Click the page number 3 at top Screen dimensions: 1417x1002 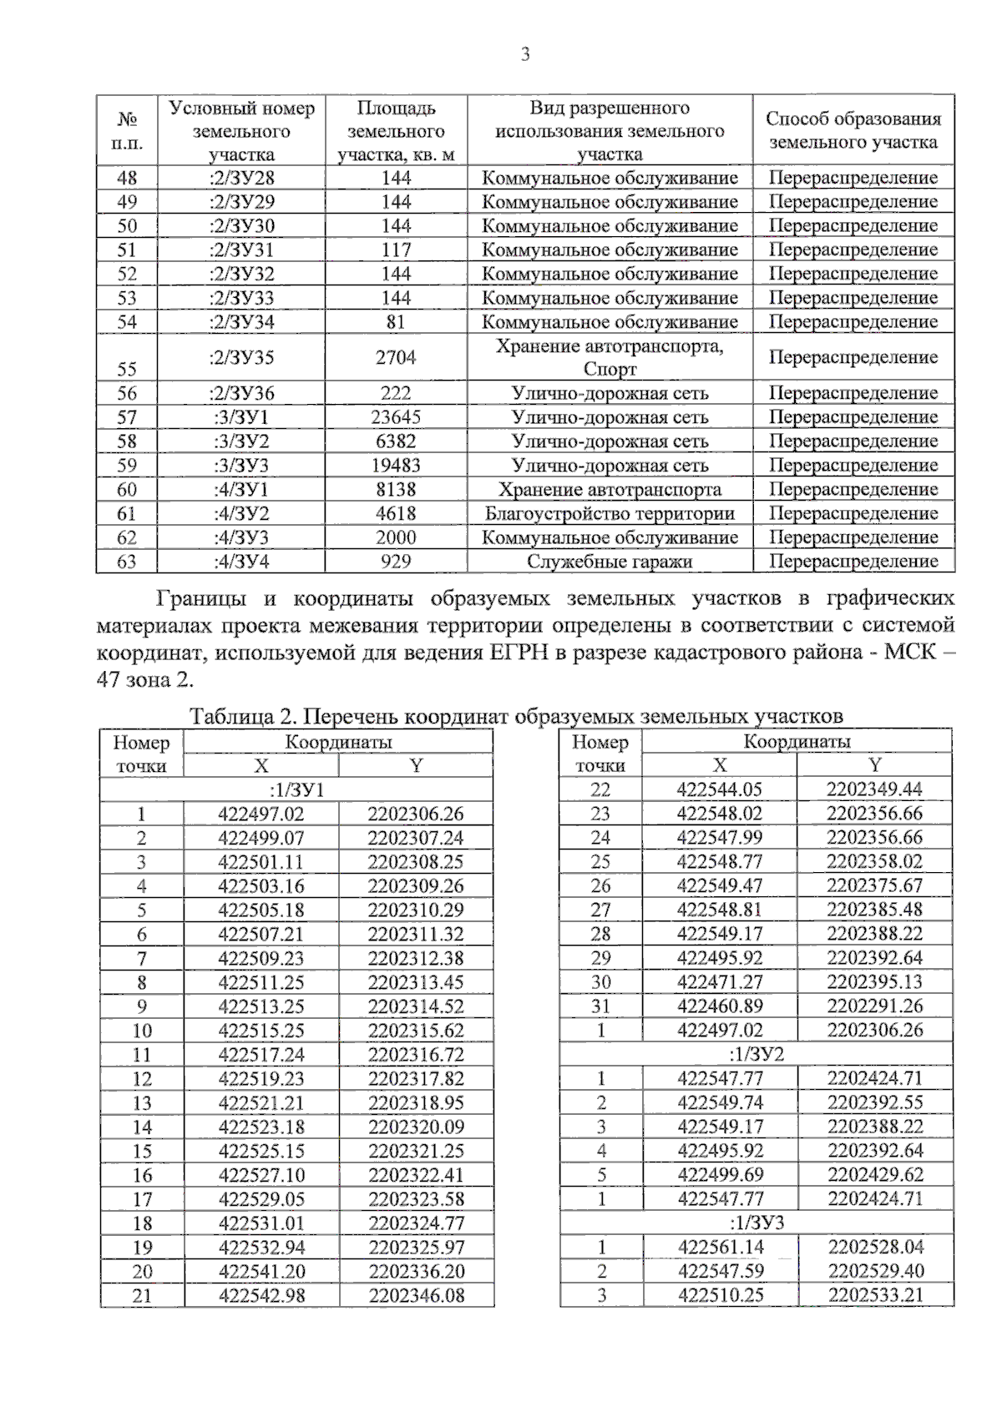[524, 56]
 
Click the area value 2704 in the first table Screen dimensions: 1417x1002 [396, 357]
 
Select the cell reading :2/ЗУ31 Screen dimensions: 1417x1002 [241, 250]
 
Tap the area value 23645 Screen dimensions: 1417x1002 [396, 417]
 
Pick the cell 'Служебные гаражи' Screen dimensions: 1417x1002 [610, 562]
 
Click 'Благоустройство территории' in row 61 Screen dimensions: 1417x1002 [610, 513]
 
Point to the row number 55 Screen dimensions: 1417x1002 [127, 369]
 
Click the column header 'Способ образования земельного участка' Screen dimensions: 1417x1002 [853, 130]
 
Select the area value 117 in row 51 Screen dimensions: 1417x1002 [396, 250]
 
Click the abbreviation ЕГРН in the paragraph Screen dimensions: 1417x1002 [516, 653]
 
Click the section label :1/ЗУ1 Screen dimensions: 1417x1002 [296, 789]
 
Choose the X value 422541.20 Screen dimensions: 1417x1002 [261, 1271]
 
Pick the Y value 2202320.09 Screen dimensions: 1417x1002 [416, 1127]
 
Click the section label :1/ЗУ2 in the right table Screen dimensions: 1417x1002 [757, 1054]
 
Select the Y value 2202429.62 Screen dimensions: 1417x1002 [875, 1175]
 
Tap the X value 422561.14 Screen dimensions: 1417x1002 [720, 1247]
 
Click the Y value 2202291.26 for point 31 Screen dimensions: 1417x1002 [875, 1006]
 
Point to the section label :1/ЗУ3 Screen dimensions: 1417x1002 [757, 1223]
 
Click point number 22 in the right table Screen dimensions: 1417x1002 [600, 789]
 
